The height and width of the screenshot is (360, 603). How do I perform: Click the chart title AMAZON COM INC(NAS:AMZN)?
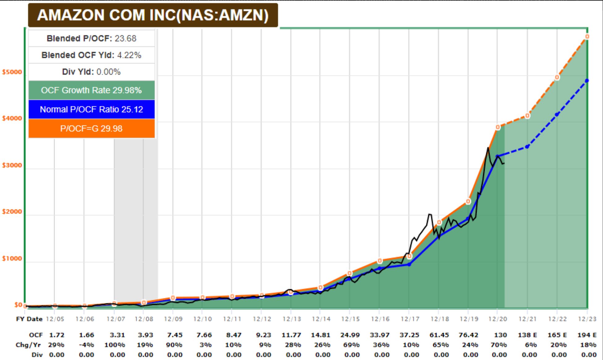click(153, 15)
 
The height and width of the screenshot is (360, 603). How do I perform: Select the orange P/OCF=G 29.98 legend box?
click(91, 128)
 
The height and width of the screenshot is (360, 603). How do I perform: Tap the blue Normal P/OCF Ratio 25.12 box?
click(91, 109)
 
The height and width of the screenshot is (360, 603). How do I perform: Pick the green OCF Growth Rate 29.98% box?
click(91, 90)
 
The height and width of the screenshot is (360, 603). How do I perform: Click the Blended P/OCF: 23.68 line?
click(91, 38)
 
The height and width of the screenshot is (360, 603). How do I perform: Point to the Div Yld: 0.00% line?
click(91, 72)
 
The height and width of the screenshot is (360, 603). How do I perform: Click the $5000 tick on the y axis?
click(12, 72)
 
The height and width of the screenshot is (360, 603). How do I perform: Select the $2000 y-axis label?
click(12, 212)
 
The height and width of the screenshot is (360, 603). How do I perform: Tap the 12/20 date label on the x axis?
click(498, 319)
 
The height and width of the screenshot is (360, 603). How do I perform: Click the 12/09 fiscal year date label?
click(173, 319)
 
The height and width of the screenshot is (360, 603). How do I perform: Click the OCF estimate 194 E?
click(587, 335)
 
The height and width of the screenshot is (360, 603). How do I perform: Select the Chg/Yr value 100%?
click(115, 345)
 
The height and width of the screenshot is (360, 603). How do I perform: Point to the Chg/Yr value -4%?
click(87, 345)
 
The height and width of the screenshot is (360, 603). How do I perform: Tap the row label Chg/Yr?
click(28, 345)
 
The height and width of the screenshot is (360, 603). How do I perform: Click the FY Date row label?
click(29, 319)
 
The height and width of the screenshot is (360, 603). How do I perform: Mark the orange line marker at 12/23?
click(587, 37)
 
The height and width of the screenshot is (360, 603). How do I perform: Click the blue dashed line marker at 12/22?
click(557, 115)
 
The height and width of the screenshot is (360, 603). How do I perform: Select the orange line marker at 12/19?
click(468, 201)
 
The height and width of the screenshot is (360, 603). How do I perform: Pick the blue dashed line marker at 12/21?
click(527, 146)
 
